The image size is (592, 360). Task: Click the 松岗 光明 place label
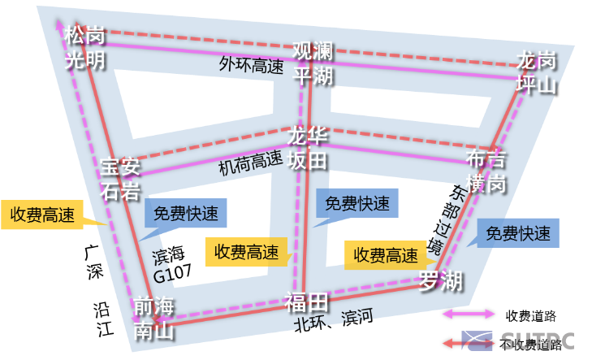click(x=85, y=48)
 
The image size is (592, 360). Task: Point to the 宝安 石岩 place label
click(x=121, y=179)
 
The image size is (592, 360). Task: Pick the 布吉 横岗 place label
click(x=486, y=171)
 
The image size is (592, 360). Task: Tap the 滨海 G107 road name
click(x=171, y=263)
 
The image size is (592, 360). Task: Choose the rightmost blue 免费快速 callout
click(x=518, y=234)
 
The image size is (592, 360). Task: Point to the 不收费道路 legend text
click(x=532, y=345)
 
